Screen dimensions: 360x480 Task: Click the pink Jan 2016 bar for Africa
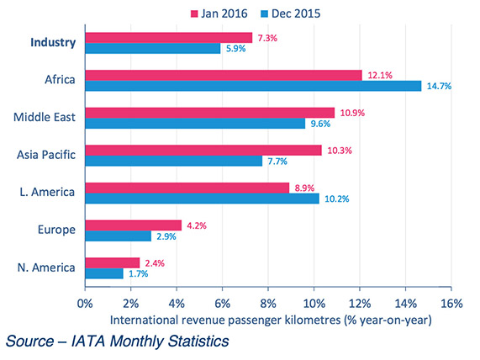point(223,75)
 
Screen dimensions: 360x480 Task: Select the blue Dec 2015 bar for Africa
point(252,86)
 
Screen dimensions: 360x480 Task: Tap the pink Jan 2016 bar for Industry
point(168,37)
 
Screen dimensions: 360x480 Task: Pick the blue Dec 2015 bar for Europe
point(118,236)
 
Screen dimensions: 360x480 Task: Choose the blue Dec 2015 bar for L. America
point(201,199)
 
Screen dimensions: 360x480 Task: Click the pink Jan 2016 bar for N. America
point(112,262)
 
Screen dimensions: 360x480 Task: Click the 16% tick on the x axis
point(450,303)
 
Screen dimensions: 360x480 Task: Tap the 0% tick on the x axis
point(85,303)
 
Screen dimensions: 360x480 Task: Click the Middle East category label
point(45,118)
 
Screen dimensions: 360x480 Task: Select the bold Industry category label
point(52,42)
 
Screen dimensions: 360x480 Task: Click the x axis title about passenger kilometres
point(271,320)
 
